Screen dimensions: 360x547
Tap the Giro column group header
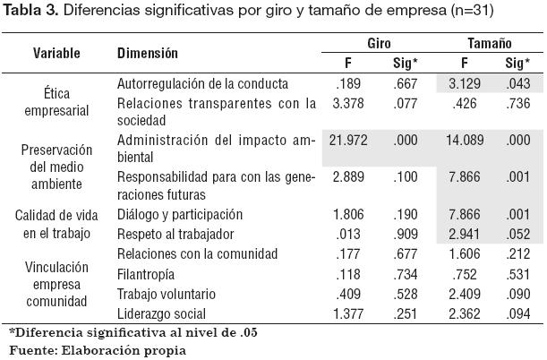380,43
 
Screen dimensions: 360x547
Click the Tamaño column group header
489,43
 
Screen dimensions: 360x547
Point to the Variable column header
56,53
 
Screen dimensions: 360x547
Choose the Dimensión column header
149,53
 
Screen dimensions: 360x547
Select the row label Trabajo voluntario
163,294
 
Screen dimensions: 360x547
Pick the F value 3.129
465,83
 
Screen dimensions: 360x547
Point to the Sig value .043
517,83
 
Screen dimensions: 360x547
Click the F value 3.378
347,104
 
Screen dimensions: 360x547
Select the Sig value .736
517,104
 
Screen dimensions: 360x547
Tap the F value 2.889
347,177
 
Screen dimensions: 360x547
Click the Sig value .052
517,234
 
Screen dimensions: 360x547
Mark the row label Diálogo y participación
180,215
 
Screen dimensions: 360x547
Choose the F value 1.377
347,313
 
